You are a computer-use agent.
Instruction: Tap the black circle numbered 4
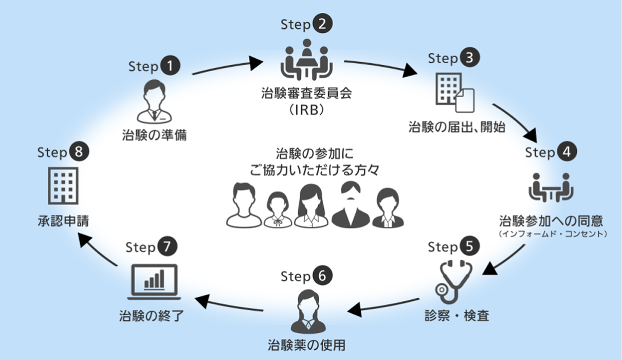tap(567, 152)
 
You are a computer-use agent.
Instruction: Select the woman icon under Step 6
tap(306, 311)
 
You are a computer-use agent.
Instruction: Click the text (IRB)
tap(307, 111)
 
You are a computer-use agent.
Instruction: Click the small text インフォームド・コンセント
tap(553, 234)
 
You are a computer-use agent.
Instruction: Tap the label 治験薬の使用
tap(306, 344)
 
